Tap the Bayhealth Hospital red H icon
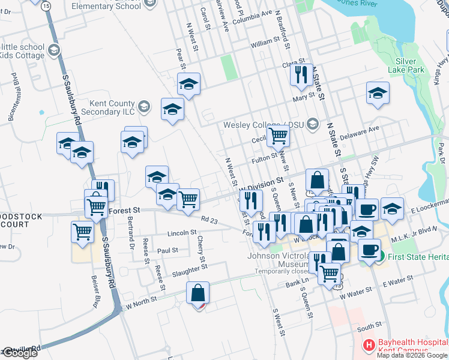369,345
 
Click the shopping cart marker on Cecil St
278,136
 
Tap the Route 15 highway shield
47,5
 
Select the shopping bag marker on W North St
197,293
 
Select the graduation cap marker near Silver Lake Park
378,94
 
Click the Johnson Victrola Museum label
281,260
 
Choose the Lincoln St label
182,232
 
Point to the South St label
369,327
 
